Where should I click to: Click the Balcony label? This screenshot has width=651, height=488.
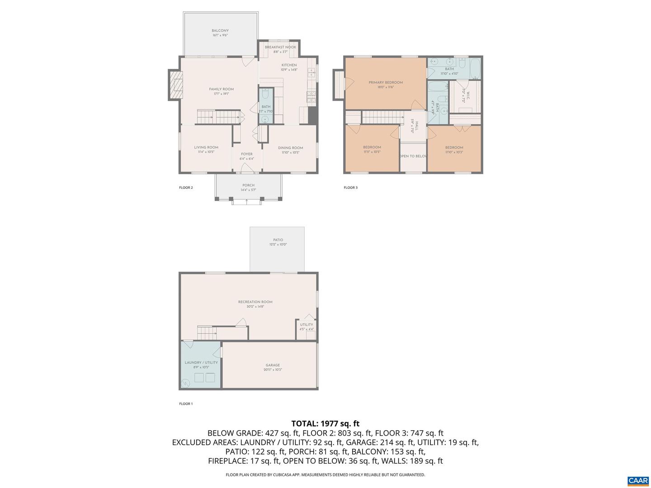(220, 31)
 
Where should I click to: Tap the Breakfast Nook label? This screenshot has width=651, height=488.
(280, 47)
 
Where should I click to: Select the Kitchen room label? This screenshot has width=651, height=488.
(289, 65)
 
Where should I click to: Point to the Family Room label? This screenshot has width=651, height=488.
(221, 89)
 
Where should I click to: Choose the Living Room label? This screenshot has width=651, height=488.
(206, 147)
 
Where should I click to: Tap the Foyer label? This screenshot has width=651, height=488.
(247, 154)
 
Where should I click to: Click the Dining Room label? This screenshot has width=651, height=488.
(290, 148)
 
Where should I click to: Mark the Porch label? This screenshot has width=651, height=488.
(248, 185)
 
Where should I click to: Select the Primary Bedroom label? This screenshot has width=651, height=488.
(385, 83)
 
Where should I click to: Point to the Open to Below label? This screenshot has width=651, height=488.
(413, 156)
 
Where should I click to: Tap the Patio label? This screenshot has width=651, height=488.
(278, 240)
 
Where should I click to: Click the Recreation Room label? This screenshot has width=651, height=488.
(255, 302)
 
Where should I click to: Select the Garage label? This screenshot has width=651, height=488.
(273, 365)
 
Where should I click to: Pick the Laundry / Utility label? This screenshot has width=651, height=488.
(201, 362)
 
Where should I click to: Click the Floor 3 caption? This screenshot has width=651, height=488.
(350, 188)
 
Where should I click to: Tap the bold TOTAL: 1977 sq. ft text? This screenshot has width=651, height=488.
(325, 423)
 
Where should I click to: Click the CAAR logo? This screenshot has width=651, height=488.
(637, 481)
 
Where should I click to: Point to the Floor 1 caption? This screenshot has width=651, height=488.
(186, 404)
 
